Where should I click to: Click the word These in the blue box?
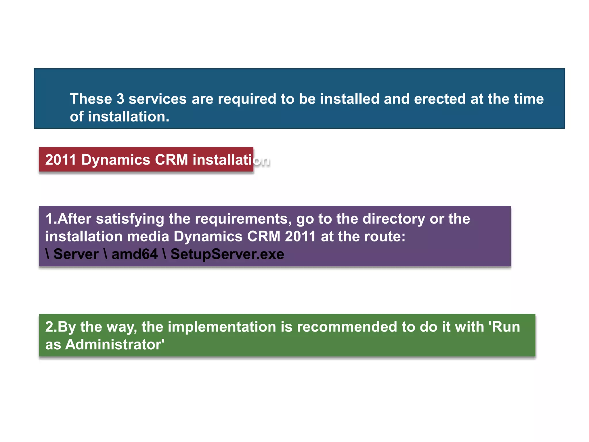pos(91,99)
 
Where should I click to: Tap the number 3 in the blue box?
pos(120,99)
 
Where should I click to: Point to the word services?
pos(158,99)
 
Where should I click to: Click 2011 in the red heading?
pos(61,160)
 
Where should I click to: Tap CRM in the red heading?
pos(171,160)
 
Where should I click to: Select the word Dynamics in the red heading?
pos(116,160)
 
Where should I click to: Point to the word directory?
pos(393,219)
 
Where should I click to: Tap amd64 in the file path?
pos(135,254)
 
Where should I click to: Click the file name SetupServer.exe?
pos(227,254)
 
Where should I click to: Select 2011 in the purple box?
pos(301,237)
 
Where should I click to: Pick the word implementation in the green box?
pos(222,327)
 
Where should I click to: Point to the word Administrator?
pos(115,345)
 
